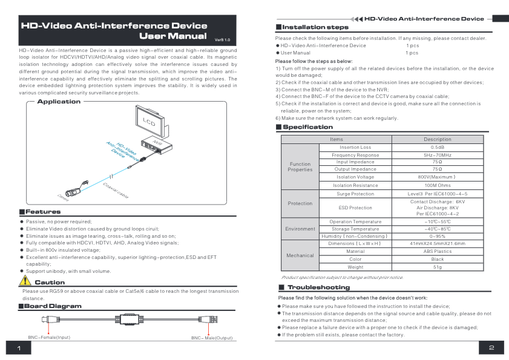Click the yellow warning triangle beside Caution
(25, 281)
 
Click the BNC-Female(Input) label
(49, 337)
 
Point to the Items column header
(337, 139)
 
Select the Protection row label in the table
(300, 203)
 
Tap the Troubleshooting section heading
(318, 287)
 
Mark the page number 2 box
(491, 348)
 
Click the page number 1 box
(19, 348)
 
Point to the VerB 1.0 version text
(222, 39)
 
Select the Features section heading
(43, 212)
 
